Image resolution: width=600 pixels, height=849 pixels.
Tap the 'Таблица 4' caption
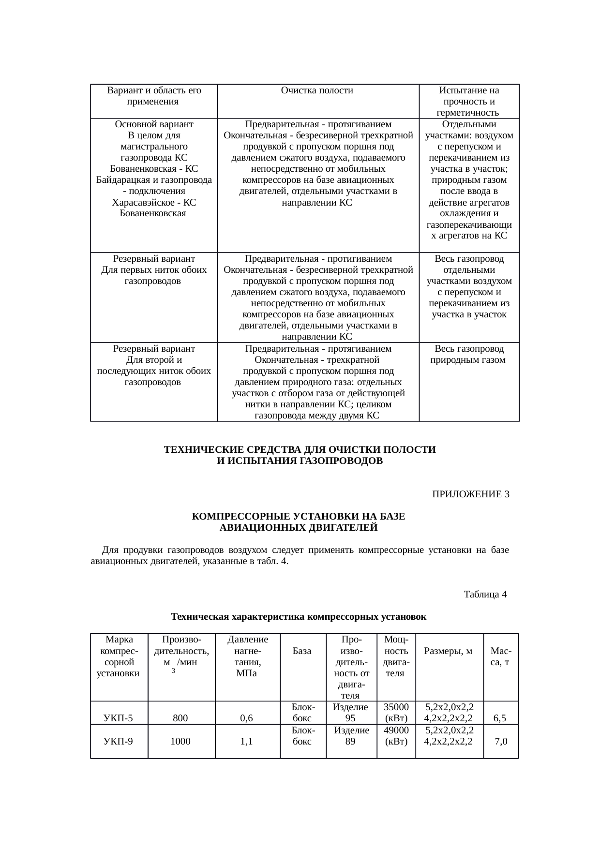(x=485, y=594)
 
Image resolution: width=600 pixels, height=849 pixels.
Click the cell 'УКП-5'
(x=119, y=718)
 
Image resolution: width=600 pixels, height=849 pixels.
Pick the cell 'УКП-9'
(x=119, y=741)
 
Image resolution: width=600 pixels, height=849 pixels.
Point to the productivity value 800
(x=180, y=718)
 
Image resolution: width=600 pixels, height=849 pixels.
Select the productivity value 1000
(x=180, y=741)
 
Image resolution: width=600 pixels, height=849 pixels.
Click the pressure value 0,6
(x=247, y=718)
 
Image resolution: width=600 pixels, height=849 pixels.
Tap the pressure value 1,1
(x=247, y=741)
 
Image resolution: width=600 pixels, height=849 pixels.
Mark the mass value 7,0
(x=501, y=741)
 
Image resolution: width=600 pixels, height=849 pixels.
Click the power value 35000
(x=396, y=707)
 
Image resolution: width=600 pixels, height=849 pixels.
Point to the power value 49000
(x=396, y=730)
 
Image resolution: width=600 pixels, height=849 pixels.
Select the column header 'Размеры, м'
(x=448, y=651)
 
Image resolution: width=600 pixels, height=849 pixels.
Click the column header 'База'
(x=302, y=651)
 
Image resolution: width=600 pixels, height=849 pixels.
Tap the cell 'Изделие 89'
(x=351, y=735)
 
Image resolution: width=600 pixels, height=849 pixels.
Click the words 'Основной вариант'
(x=154, y=124)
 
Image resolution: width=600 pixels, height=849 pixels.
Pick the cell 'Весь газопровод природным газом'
(x=468, y=355)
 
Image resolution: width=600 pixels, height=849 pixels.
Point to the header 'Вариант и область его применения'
(x=154, y=96)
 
